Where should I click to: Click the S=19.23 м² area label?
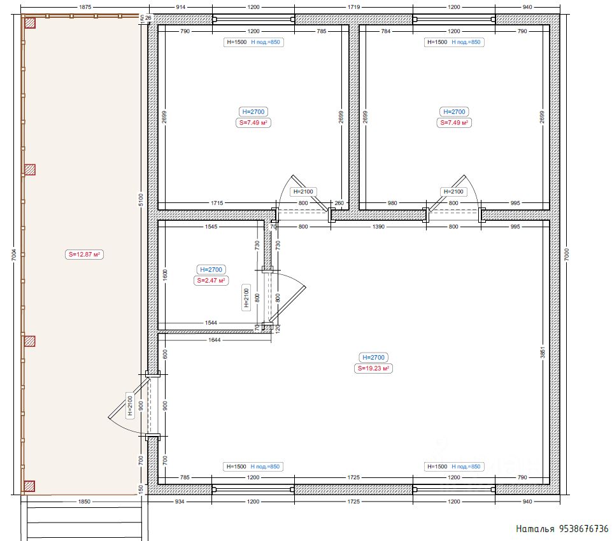point(374,369)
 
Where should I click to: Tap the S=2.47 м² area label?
point(211,281)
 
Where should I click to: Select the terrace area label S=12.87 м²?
point(84,255)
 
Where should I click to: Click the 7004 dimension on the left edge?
point(14,255)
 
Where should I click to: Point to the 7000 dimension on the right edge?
point(567,255)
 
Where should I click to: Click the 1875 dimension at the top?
point(85,7)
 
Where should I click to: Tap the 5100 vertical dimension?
point(141,200)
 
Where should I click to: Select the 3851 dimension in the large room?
point(542,352)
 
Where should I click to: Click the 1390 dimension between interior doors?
point(378,226)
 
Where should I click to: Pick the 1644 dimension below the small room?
point(214,340)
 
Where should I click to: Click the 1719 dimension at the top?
point(353,7)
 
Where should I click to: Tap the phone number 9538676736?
point(584,528)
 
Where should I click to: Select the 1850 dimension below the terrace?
point(84,502)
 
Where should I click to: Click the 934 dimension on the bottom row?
point(180,502)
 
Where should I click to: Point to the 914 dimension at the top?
point(181,7)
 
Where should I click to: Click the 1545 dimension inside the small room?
point(211,226)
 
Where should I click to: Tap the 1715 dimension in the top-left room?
point(217,203)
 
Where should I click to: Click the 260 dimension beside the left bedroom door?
point(339,203)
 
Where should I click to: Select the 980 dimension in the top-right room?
point(392,203)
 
